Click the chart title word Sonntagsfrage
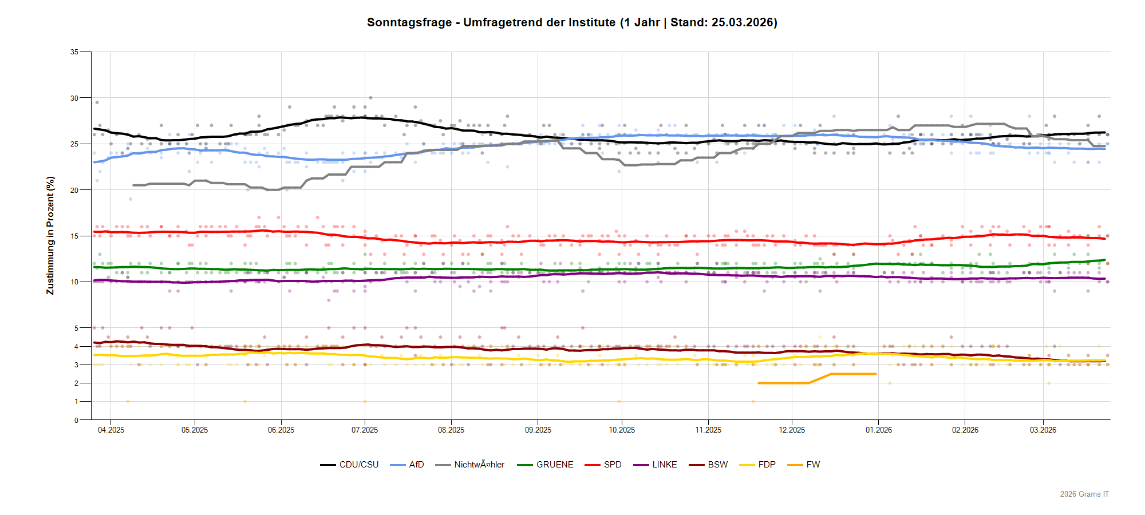(x=408, y=22)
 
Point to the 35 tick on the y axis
(x=74, y=52)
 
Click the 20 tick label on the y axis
(x=74, y=191)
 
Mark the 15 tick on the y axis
(x=74, y=236)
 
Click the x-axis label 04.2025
(x=111, y=430)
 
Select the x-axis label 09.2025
(x=538, y=430)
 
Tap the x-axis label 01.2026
(x=878, y=430)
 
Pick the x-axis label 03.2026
(x=1043, y=430)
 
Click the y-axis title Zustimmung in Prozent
(x=50, y=236)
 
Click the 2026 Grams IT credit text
(x=1084, y=494)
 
